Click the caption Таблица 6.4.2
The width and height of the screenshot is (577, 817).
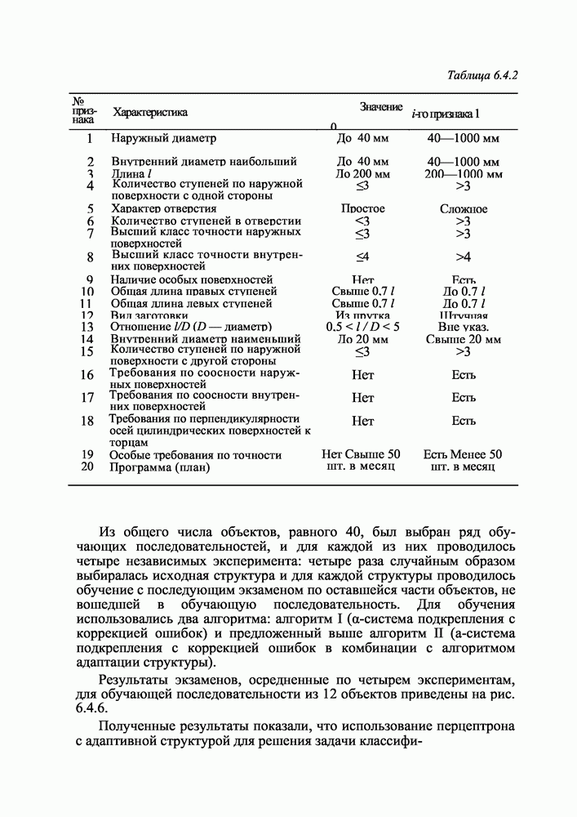[483, 76]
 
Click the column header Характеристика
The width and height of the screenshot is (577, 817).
[150, 112]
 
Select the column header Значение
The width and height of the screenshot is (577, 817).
[381, 107]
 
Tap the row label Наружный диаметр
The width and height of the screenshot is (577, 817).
[164, 138]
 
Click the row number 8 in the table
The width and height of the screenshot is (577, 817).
[89, 257]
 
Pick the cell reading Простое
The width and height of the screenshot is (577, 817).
[362, 209]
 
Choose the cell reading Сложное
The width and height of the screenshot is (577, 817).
[464, 209]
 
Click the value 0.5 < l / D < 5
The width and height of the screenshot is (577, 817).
[362, 327]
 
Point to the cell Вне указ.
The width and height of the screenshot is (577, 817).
[463, 327]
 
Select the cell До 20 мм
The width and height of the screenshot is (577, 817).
[362, 339]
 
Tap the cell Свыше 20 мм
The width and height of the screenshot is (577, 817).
[463, 339]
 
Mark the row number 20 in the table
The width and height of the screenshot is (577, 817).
[88, 467]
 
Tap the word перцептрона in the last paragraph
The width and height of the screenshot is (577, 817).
[482, 725]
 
